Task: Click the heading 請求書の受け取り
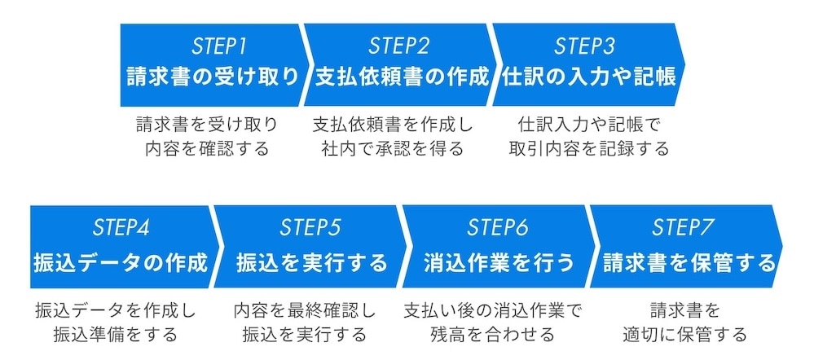point(213,77)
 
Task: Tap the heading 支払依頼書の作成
point(403,77)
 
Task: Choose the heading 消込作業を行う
point(498,263)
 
